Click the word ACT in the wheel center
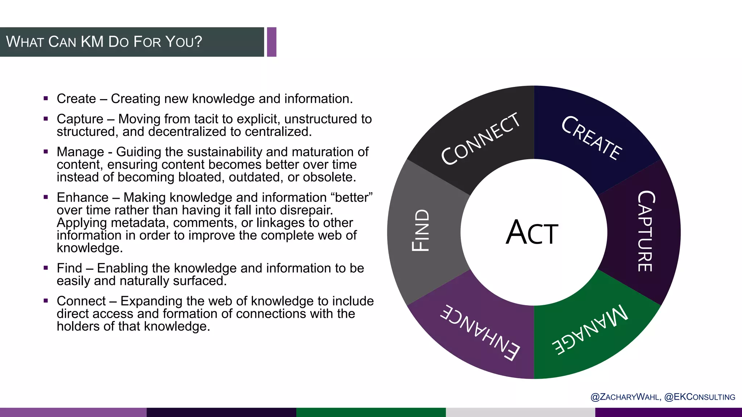tap(532, 233)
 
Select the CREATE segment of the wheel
tap(592, 138)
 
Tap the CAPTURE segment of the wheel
tap(646, 232)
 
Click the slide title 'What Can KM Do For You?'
tap(104, 42)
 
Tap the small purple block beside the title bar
tap(272, 42)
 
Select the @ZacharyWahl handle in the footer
tap(625, 397)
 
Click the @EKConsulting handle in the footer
tap(700, 397)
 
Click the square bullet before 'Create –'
tap(46, 98)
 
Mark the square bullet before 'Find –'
tap(46, 268)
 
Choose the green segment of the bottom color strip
tap(371, 412)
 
